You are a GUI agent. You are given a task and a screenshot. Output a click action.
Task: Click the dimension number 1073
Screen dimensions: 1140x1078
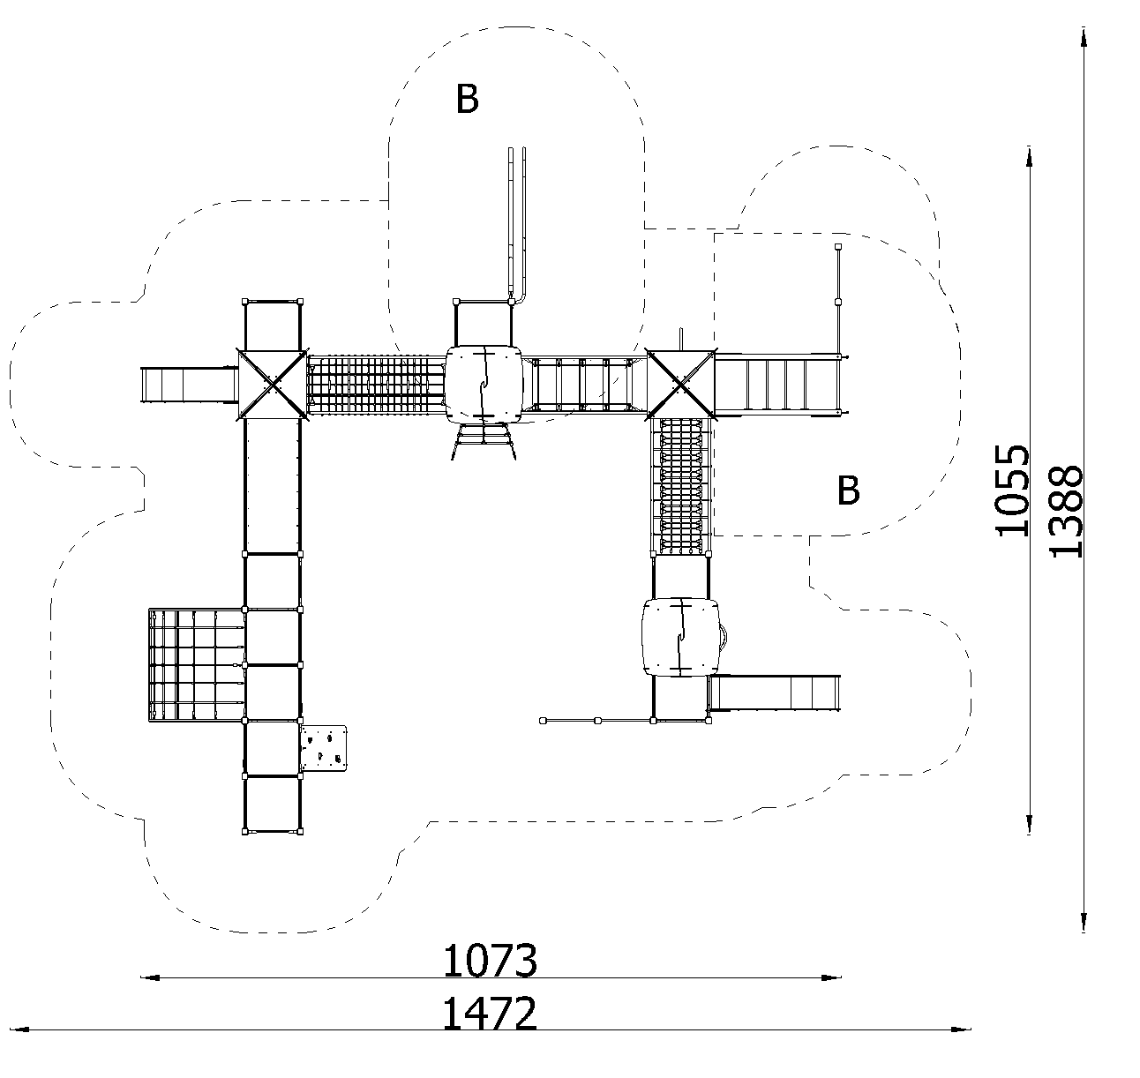point(490,961)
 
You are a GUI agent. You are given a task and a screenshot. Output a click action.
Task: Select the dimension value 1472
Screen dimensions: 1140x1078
point(490,1014)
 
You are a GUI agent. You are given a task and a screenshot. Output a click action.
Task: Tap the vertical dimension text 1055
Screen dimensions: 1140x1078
point(1012,490)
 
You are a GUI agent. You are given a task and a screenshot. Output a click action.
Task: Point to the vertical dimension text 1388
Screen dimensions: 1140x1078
point(1066,512)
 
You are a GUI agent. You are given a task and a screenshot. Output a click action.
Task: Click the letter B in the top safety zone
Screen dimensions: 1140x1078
point(468,99)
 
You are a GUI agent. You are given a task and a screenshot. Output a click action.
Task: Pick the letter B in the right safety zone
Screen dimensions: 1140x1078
point(848,490)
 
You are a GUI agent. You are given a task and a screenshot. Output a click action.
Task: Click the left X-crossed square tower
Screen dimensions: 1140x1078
point(272,384)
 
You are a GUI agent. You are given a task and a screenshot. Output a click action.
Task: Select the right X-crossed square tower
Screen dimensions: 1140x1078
point(681,384)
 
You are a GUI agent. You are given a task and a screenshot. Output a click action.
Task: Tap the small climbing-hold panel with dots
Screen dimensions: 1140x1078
point(324,748)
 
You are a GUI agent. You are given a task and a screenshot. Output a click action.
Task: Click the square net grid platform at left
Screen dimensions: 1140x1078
point(196,665)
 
